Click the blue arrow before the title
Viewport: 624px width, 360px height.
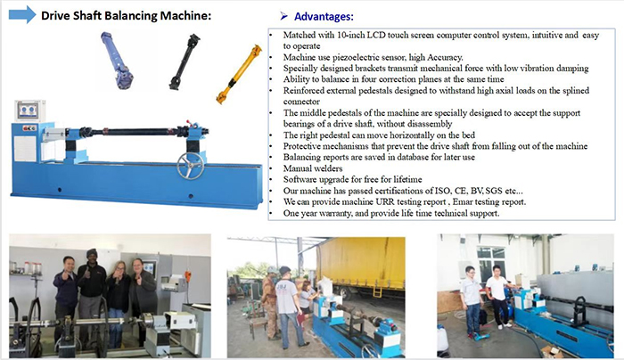coord(23,15)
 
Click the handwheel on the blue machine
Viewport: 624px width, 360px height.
coord(187,166)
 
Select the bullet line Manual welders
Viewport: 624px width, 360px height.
coord(312,168)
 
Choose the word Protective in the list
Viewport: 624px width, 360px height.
coord(307,144)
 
